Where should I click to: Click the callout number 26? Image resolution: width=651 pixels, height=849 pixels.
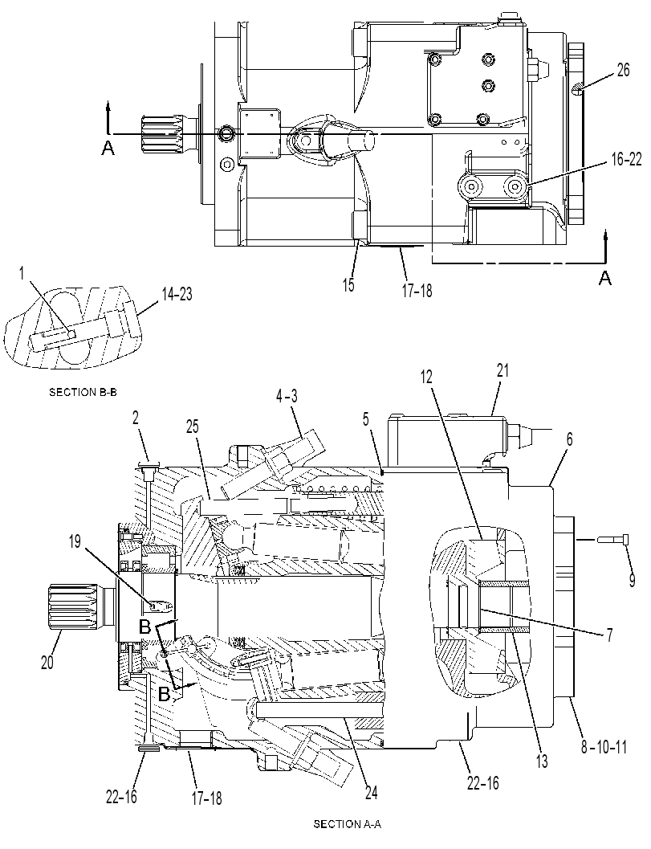(x=623, y=70)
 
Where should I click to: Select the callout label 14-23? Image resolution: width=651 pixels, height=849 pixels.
(x=177, y=295)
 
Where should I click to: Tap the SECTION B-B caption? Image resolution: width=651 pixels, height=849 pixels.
(x=83, y=392)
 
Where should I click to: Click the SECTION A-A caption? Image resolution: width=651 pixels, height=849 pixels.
(x=348, y=824)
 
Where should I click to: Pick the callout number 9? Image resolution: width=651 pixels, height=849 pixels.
(x=632, y=580)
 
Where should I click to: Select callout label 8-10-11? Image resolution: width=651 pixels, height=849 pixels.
(x=604, y=748)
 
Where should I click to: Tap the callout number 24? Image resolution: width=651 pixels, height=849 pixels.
(x=371, y=793)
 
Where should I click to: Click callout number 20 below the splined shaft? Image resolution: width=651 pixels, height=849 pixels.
(x=47, y=662)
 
